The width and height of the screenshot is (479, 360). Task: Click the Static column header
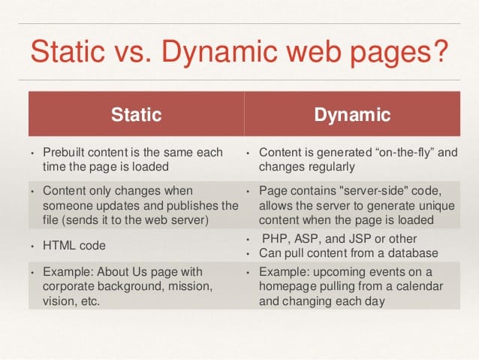coord(136,115)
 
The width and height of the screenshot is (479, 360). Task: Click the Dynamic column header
coord(352,115)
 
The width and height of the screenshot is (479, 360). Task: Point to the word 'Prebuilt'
coord(66,153)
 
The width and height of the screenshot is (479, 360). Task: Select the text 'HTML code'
coord(74,246)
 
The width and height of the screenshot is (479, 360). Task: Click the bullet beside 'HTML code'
coord(32,246)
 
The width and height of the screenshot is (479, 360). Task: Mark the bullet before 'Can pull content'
coord(249,253)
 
